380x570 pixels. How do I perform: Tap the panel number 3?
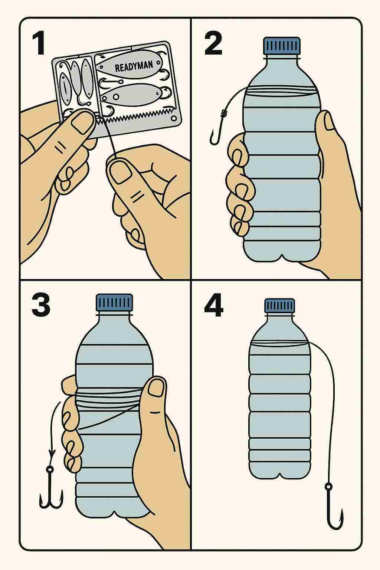click(x=41, y=306)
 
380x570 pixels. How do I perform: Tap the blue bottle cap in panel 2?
click(x=282, y=46)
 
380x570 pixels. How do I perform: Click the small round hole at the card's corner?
click(x=174, y=118)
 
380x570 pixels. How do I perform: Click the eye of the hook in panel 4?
click(x=328, y=487)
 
